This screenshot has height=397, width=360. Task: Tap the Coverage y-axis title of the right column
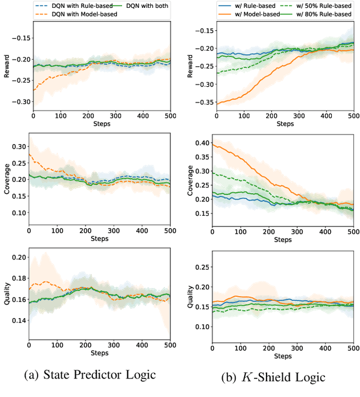pyautogui.click(x=190, y=180)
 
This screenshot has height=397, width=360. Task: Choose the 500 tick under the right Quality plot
pyautogui.click(x=352, y=348)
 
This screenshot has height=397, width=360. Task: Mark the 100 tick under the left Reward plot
pyautogui.click(x=60, y=115)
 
